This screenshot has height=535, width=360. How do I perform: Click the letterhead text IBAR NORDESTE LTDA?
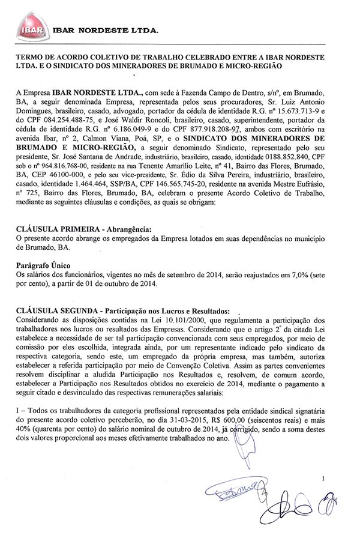point(106,29)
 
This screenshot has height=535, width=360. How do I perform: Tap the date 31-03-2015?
point(197,421)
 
